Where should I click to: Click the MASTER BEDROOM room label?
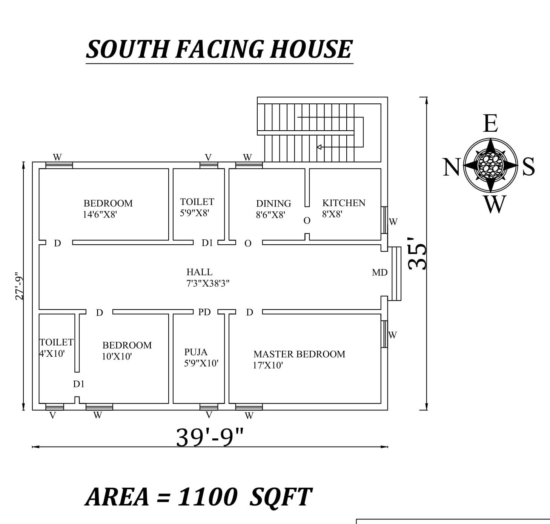(x=299, y=354)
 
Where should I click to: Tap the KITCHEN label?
(x=344, y=203)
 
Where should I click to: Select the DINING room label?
(x=273, y=204)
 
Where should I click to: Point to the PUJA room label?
(x=196, y=352)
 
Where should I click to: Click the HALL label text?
(x=199, y=272)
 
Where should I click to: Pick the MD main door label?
(x=379, y=273)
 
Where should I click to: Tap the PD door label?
(x=204, y=312)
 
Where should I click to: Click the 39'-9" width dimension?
(x=210, y=437)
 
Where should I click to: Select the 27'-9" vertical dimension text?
(x=19, y=286)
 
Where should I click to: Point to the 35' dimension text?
(x=417, y=253)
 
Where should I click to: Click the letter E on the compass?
(x=490, y=123)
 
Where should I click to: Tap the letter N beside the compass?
(x=451, y=167)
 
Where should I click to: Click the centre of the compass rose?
(x=490, y=165)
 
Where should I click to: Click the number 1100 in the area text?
(x=207, y=496)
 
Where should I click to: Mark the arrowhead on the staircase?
(x=319, y=147)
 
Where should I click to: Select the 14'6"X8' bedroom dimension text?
(x=100, y=215)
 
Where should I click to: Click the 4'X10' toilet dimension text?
(x=52, y=354)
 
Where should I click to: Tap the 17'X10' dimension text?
(x=268, y=365)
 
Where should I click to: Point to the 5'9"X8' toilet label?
(x=194, y=213)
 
